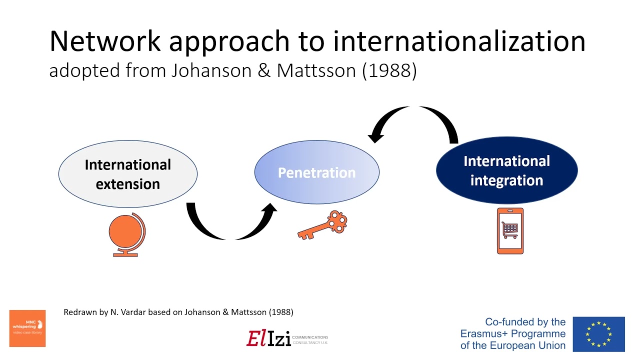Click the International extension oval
click(128, 173)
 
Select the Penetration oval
click(316, 172)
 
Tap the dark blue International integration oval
click(506, 170)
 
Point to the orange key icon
click(323, 225)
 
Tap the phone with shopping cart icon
click(510, 231)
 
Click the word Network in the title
click(104, 41)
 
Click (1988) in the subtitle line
click(389, 70)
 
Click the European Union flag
click(598, 334)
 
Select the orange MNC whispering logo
click(27, 328)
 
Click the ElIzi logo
click(268, 338)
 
